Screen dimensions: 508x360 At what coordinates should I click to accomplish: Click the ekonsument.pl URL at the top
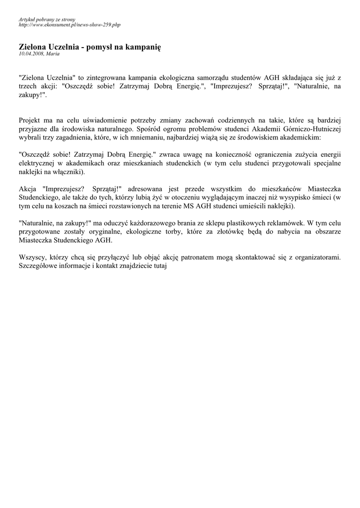pyautogui.click(x=69, y=24)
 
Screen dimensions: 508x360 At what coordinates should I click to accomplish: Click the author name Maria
pyautogui.click(x=53, y=53)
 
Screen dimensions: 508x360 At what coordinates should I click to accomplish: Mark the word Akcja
pyautogui.click(x=28, y=190)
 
